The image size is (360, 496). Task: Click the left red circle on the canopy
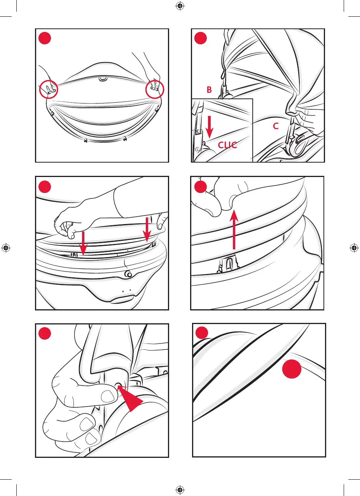click(x=49, y=90)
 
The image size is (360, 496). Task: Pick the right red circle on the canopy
click(x=155, y=90)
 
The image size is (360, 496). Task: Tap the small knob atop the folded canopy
click(x=103, y=79)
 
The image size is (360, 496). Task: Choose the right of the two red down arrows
click(x=147, y=230)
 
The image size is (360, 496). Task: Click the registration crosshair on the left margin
click(x=6, y=248)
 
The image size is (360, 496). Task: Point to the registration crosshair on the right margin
click(x=354, y=248)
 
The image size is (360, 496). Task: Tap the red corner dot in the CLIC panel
click(x=201, y=39)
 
